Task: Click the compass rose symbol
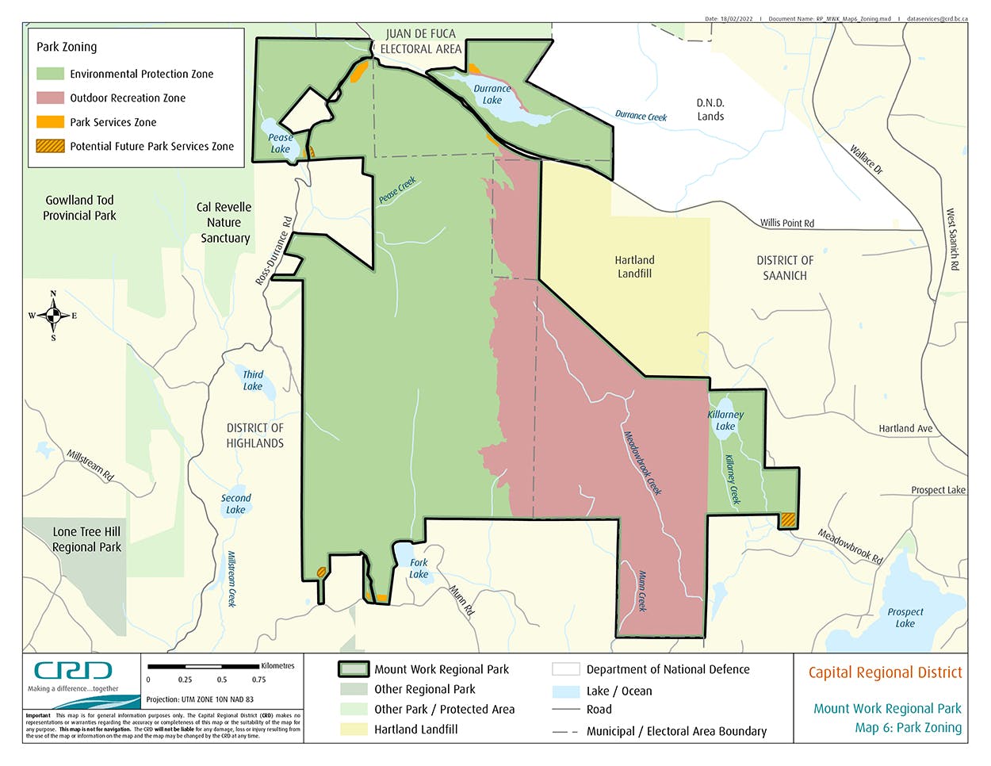click(53, 316)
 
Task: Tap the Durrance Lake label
click(492, 94)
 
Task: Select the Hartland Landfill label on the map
click(634, 266)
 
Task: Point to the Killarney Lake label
click(725, 420)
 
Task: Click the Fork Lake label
click(419, 569)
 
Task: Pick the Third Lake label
click(253, 381)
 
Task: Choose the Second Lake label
click(235, 504)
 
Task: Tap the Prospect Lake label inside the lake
click(905, 618)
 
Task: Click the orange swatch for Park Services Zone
click(50, 122)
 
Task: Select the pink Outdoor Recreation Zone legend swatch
click(50, 98)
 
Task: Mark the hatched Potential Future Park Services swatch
click(50, 146)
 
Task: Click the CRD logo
click(73, 671)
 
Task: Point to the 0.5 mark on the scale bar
click(222, 680)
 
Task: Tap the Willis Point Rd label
click(786, 223)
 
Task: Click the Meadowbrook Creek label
click(642, 463)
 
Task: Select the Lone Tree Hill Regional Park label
click(86, 539)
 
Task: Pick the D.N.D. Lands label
click(710, 109)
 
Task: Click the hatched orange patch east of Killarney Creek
click(788, 520)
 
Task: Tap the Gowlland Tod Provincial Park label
click(79, 208)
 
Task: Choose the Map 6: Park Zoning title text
click(908, 727)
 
